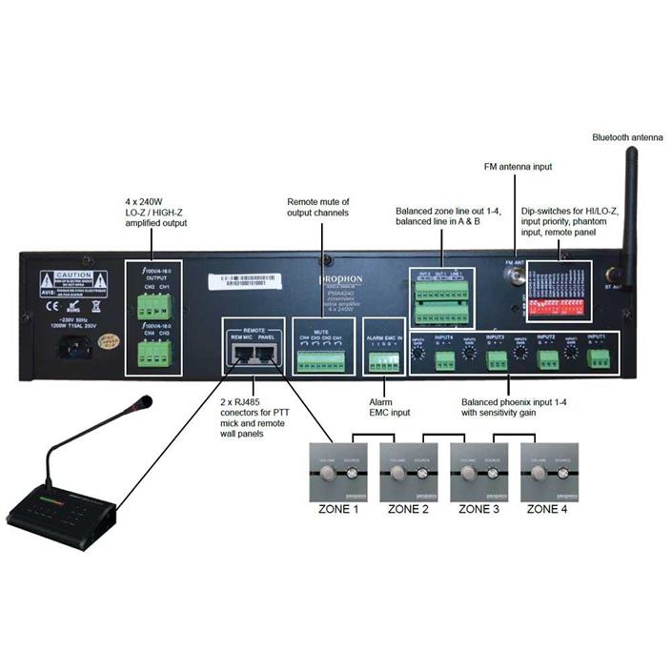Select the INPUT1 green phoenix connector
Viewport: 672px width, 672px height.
(598, 359)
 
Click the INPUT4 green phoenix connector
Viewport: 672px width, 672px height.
(445, 360)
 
